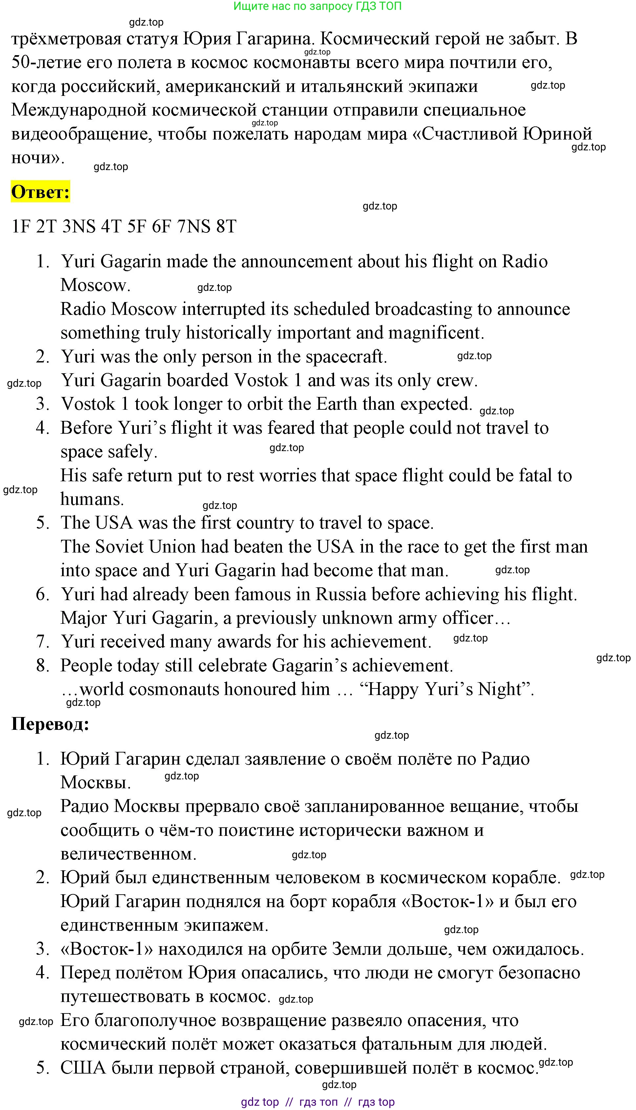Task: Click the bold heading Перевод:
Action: [x=50, y=725]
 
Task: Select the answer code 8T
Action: [x=226, y=227]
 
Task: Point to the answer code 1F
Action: [x=20, y=227]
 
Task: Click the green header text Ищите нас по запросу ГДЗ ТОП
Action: [x=318, y=6]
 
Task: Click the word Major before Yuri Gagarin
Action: [x=83, y=618]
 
